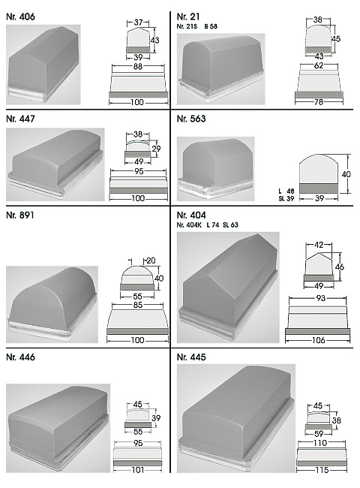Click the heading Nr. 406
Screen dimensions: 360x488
20,17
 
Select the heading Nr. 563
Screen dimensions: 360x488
191,119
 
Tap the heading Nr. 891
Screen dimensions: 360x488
20,215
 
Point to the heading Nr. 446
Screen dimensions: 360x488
20,357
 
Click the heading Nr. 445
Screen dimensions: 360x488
191,357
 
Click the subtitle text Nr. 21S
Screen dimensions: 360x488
187,26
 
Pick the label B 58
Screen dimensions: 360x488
211,26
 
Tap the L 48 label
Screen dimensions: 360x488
286,191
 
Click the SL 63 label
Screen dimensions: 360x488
230,224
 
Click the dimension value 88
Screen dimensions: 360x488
138,66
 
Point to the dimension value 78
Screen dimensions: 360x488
319,102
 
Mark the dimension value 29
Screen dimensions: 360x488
156,149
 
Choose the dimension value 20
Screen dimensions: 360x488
151,261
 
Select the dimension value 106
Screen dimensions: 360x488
318,340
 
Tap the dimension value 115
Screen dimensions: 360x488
322,470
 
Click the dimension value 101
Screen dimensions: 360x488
138,470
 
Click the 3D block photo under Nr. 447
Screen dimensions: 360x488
55,164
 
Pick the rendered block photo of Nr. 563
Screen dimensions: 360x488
215,169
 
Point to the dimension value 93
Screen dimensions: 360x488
320,298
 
